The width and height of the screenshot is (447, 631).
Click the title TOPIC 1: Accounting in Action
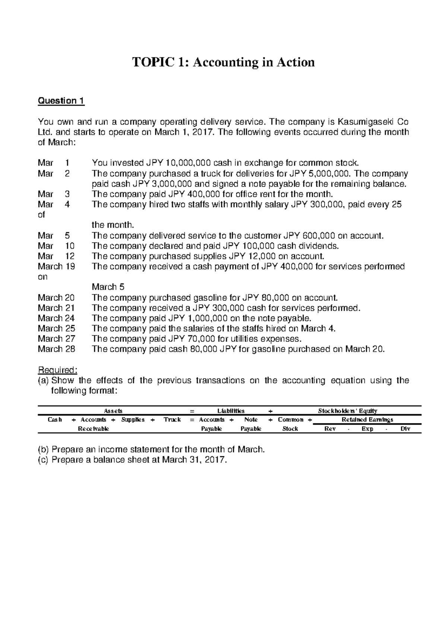(x=223, y=62)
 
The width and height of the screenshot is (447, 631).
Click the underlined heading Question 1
(x=61, y=101)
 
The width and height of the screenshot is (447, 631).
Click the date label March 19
(x=56, y=266)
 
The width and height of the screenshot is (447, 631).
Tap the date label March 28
(x=56, y=349)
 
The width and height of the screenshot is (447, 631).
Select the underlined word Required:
(x=58, y=370)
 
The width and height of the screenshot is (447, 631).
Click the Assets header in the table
(x=113, y=411)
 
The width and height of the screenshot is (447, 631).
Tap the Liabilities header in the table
(x=231, y=411)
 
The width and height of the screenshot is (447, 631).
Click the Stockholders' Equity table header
(x=348, y=411)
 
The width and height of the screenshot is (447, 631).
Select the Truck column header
(x=172, y=420)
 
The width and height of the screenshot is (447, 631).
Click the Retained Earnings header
(x=367, y=420)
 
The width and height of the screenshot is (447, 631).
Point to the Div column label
(x=405, y=429)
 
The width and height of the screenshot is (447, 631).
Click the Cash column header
(x=55, y=420)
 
